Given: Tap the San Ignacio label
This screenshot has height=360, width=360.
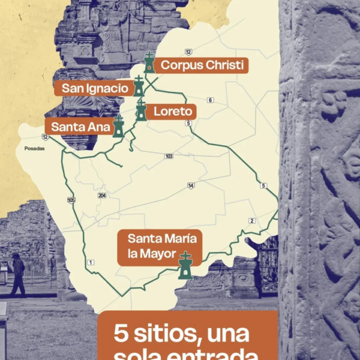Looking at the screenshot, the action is (95, 89).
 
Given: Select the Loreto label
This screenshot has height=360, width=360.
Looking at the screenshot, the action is (172, 112).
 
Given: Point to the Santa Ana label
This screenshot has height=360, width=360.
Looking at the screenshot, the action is (77, 127).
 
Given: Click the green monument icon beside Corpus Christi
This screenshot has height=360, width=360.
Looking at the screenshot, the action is (149, 63).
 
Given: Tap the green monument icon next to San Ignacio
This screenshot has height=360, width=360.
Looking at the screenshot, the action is (139, 86).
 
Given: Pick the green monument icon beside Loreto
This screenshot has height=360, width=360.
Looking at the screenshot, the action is (140, 110).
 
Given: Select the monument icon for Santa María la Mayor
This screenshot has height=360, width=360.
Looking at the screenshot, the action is (186, 265).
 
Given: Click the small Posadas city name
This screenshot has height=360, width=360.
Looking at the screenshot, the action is (34, 148).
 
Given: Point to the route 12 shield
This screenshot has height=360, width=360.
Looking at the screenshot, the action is (188, 52).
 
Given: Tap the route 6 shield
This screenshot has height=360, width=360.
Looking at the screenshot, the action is (210, 100).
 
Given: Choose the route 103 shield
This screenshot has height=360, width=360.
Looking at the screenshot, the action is (169, 156).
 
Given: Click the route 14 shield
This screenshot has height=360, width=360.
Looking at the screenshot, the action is (190, 185).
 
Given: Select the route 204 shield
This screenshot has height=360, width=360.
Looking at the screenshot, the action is (101, 195).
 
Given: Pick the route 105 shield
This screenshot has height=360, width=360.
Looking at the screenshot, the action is (71, 200).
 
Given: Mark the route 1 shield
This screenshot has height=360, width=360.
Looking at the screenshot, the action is (91, 262).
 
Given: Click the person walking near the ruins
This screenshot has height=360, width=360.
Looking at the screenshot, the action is (18, 274).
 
